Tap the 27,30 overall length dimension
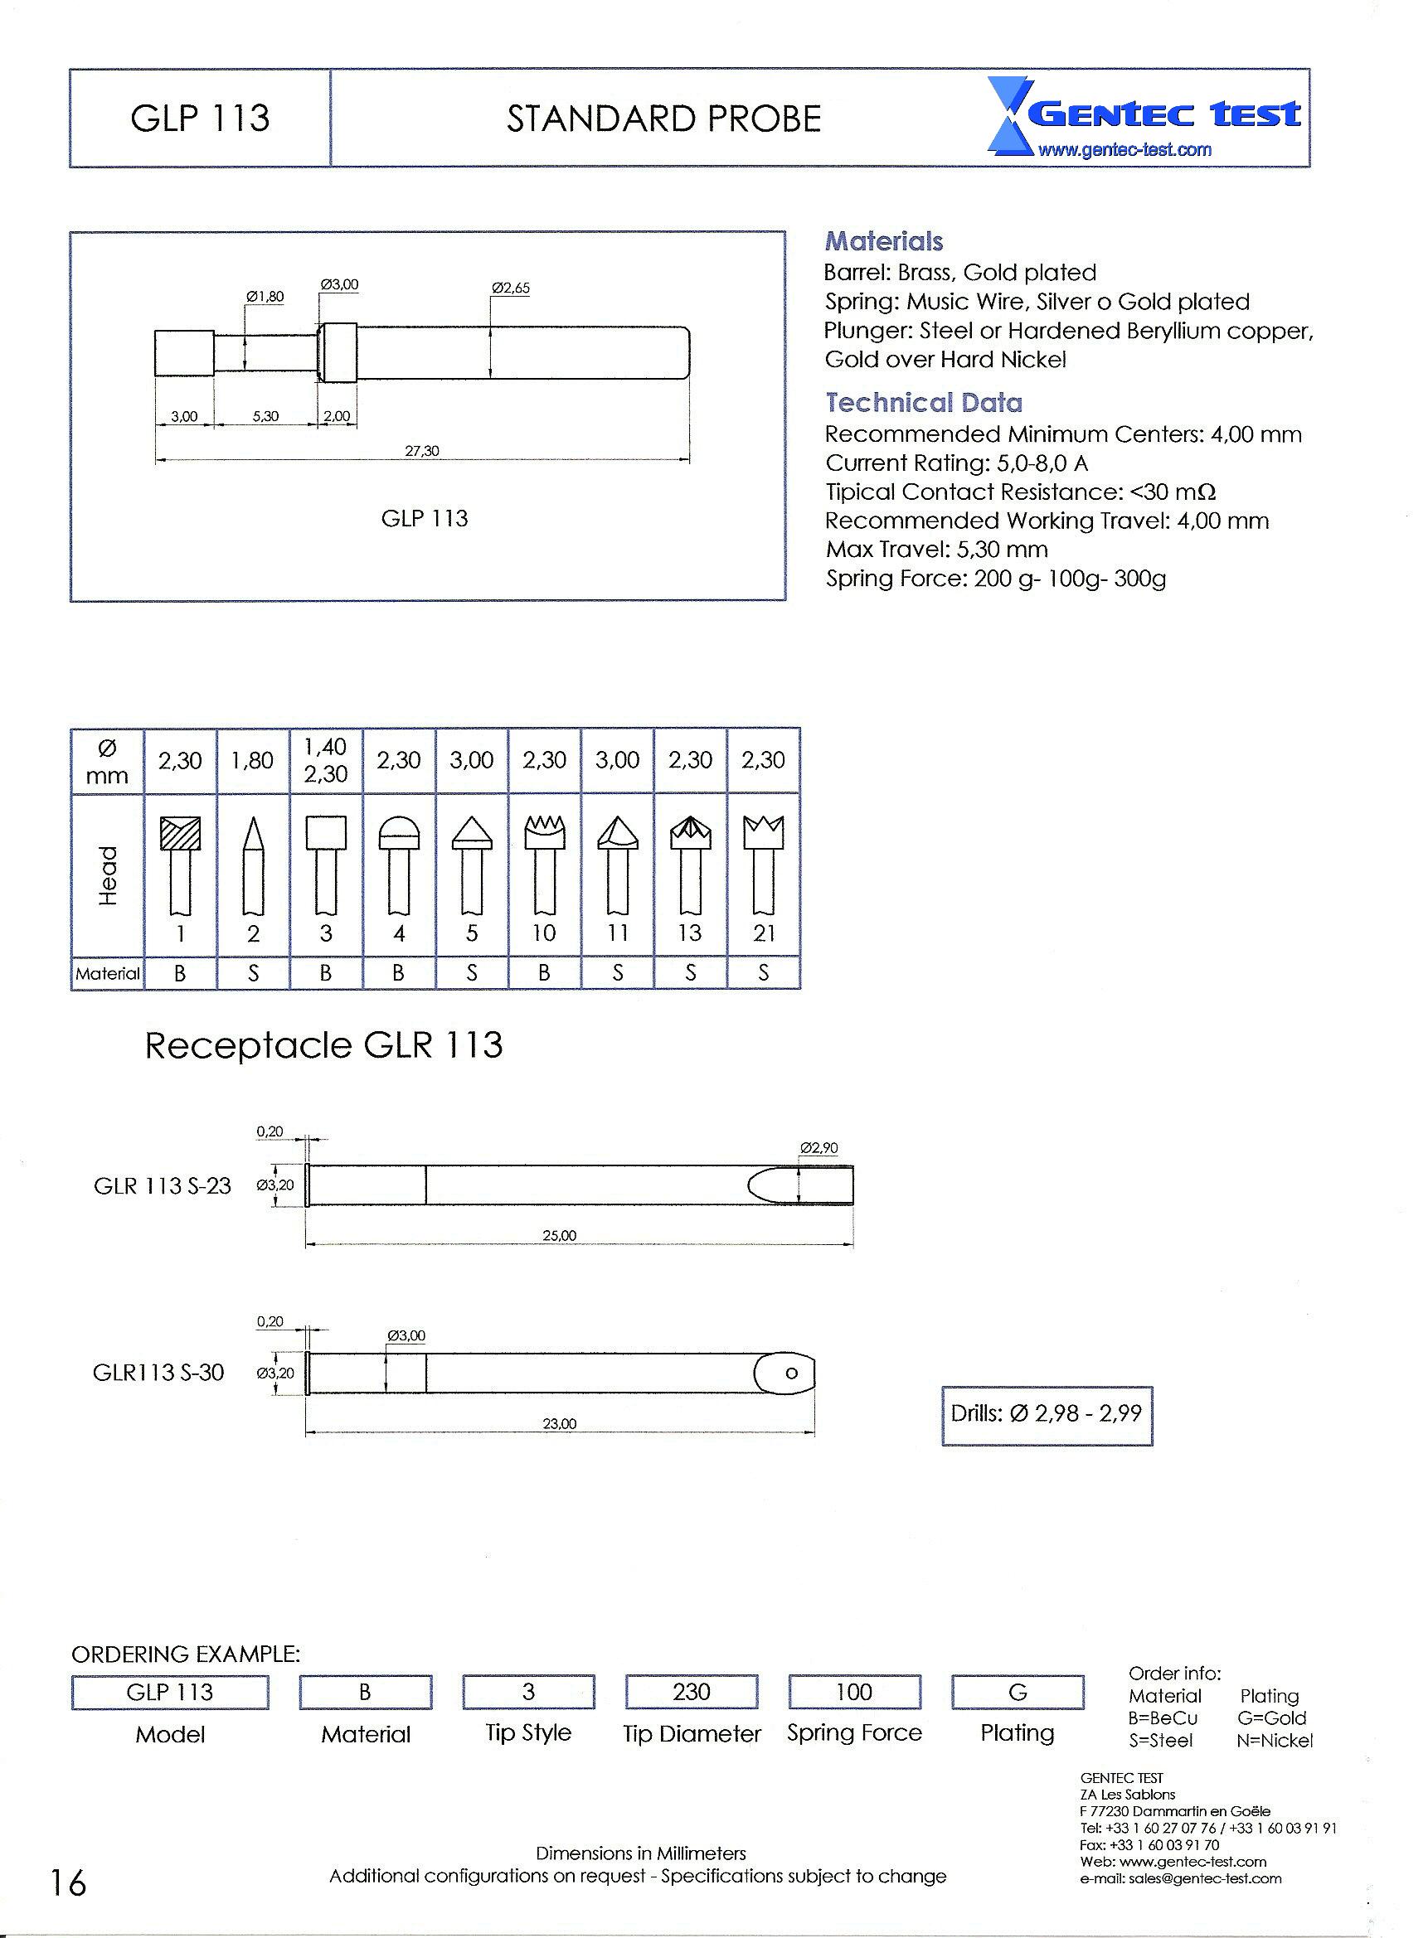point(422,450)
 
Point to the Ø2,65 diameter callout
point(510,288)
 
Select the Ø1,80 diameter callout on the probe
point(265,297)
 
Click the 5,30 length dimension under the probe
point(265,416)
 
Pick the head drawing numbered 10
point(544,864)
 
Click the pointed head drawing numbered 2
point(253,864)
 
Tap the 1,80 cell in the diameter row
point(252,760)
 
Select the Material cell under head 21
point(763,973)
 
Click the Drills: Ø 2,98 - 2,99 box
point(1046,1413)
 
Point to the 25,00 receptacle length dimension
point(559,1236)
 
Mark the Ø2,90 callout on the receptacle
point(818,1148)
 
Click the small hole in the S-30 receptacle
point(791,1373)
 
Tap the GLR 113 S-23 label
point(163,1185)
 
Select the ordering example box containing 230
point(692,1692)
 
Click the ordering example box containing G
point(1018,1692)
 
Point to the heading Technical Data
point(923,403)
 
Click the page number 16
point(67,1882)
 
